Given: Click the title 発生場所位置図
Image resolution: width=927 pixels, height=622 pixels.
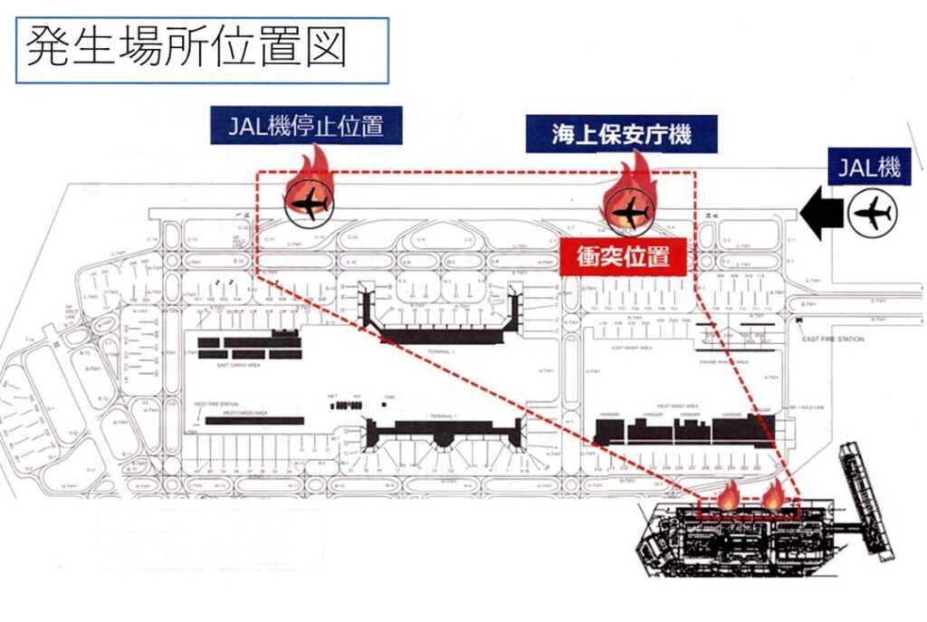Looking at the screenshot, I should [186, 48].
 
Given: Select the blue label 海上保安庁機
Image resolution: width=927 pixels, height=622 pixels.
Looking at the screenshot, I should [622, 136].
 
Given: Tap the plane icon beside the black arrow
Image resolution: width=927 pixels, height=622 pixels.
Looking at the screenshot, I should [873, 215].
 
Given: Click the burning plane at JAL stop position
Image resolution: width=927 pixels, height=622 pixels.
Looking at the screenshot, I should [310, 203].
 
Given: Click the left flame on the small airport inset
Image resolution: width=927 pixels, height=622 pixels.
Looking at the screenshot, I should [727, 495].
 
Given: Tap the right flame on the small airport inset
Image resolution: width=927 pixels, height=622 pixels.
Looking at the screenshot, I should [774, 495].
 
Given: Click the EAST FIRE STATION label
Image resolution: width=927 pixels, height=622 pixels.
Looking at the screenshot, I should [833, 339].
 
